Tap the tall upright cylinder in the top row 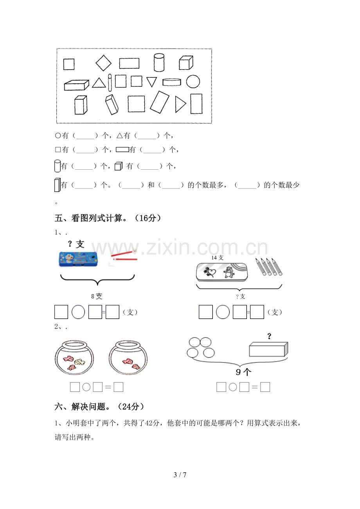(159, 63)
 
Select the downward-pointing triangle (152, 82)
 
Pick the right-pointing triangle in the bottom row (180, 104)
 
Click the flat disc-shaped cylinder (172, 82)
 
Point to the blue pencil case (78, 259)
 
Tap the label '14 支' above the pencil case (217, 258)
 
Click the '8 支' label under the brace (97, 296)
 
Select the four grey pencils (269, 267)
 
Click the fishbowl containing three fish (74, 357)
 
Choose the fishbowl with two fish (128, 357)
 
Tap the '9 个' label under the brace (243, 372)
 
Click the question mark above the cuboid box (269, 336)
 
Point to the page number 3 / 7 (180, 475)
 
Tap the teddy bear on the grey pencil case (228, 272)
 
